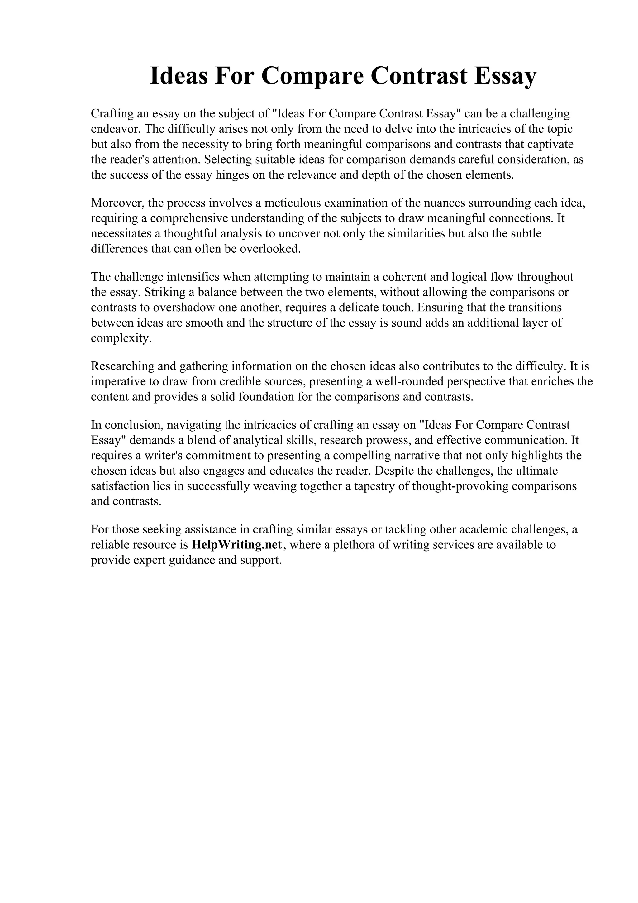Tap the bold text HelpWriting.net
point(237,545)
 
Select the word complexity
point(121,338)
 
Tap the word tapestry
point(376,486)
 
